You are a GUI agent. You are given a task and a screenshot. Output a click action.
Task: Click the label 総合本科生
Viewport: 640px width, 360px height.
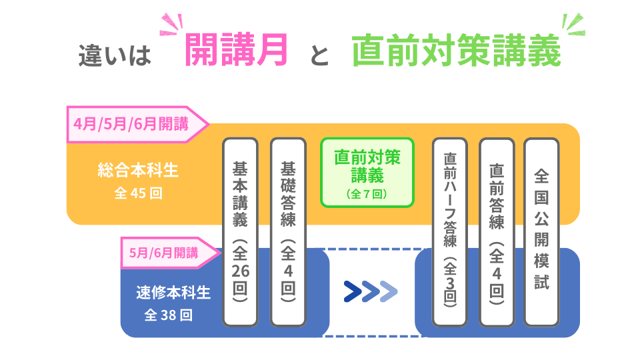click(138, 171)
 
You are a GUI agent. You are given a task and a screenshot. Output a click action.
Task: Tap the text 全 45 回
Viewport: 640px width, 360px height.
click(138, 193)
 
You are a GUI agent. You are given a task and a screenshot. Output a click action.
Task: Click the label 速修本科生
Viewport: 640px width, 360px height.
click(173, 292)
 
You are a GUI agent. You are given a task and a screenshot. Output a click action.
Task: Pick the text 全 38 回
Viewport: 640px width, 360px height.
click(169, 315)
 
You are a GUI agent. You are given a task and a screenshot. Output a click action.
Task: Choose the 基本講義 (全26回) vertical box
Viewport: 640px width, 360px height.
click(240, 232)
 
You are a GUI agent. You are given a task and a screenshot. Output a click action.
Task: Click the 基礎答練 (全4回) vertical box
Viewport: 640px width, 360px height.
click(288, 232)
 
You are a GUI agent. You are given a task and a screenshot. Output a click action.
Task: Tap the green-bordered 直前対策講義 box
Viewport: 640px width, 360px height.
click(367, 173)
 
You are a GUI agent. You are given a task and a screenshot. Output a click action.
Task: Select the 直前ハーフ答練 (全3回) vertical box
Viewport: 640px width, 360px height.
click(449, 232)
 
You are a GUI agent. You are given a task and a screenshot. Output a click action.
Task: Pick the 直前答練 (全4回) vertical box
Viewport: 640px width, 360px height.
click(497, 232)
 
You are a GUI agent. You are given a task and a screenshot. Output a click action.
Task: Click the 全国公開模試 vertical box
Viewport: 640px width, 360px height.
click(541, 232)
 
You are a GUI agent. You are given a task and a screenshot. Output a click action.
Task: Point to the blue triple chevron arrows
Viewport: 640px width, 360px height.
click(371, 291)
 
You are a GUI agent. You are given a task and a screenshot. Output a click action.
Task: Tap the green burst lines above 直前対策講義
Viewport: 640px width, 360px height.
click(572, 25)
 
